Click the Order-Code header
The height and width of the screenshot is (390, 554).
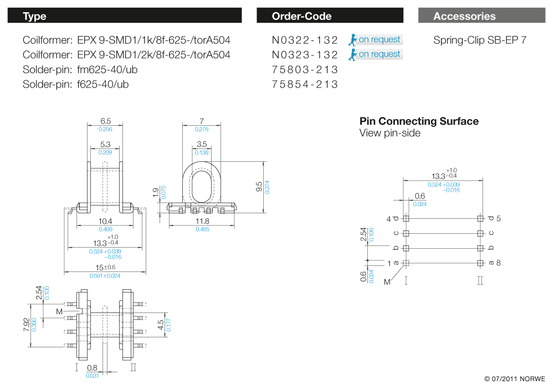pos(301,16)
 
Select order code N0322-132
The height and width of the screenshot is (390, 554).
pos(305,40)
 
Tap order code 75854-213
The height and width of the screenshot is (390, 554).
pos(305,84)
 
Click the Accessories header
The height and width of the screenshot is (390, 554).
pos(464,16)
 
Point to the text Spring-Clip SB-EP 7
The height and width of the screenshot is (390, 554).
pos(480,40)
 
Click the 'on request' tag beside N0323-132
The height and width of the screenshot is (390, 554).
pos(379,54)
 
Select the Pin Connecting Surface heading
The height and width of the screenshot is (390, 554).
pos(419,121)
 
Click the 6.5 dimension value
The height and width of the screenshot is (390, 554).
pos(105,121)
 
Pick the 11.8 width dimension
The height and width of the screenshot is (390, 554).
pos(202,221)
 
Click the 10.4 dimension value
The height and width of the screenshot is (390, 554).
pos(105,221)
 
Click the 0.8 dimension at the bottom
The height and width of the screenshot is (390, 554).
pos(92,368)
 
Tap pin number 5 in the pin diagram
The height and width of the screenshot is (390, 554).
pos(499,218)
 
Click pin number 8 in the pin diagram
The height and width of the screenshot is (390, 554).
pos(499,263)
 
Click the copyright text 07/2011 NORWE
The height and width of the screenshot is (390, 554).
pos(515,379)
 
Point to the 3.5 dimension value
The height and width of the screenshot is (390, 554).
pos(202,145)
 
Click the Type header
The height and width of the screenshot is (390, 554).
pos(34,16)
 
